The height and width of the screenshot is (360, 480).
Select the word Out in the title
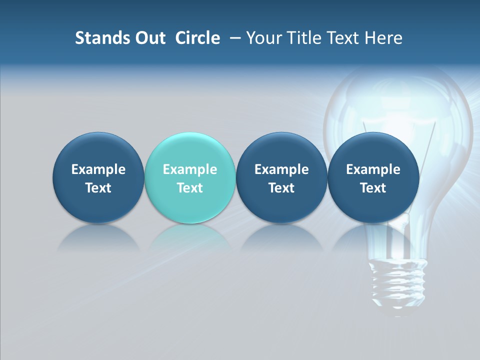[x=149, y=38]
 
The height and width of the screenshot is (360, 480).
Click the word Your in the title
[x=262, y=38]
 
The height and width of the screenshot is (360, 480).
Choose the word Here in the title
[x=385, y=38]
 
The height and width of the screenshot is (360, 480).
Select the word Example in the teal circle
[x=190, y=169]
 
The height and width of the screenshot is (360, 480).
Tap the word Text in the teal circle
[x=190, y=188]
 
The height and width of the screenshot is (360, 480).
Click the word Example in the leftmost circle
[x=98, y=169]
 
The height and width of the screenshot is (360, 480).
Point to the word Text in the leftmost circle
[x=98, y=188]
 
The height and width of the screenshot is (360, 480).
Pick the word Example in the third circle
[x=281, y=169]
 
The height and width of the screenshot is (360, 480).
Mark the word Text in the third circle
[x=281, y=188]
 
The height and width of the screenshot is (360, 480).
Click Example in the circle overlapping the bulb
[x=373, y=169]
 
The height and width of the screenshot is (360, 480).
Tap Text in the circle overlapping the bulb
[x=373, y=188]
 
